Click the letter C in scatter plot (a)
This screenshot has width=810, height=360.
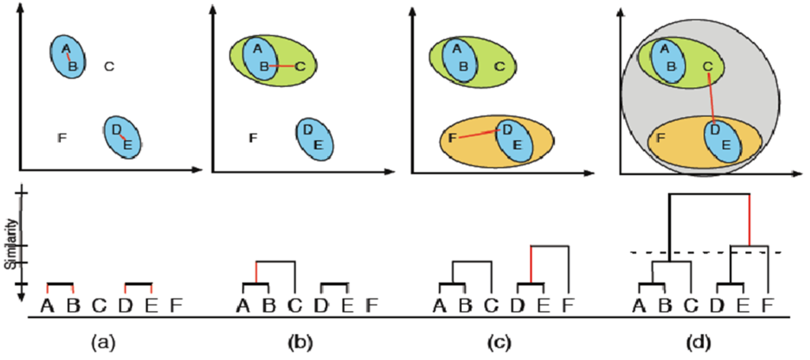(x=110, y=66)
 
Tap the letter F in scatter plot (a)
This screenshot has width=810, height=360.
(x=62, y=138)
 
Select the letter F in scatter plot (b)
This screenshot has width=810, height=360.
(x=252, y=138)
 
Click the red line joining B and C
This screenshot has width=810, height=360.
(x=282, y=66)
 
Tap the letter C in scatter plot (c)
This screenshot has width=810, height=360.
(x=498, y=66)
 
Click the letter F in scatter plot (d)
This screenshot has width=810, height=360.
(x=660, y=138)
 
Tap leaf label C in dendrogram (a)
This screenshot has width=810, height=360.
(x=99, y=304)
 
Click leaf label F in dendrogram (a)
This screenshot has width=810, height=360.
(x=176, y=304)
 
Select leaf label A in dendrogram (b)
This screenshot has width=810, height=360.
(x=243, y=304)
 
